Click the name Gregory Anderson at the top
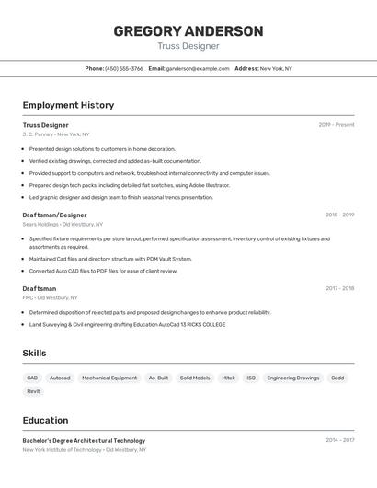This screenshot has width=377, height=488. (x=188, y=31)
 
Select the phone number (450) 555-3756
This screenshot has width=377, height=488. (x=123, y=69)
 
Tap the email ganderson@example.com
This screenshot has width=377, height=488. (x=198, y=69)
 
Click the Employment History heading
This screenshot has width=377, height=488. (x=68, y=105)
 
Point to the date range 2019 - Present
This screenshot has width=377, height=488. (x=337, y=125)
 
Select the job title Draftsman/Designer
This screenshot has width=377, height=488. (x=54, y=215)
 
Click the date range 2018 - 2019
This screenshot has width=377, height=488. (x=339, y=215)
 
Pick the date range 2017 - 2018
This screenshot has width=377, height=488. (x=339, y=288)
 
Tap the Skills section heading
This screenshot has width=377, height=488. (x=34, y=354)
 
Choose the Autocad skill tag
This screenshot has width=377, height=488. (x=60, y=378)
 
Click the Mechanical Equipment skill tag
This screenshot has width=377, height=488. (x=109, y=378)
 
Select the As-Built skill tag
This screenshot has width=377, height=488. (x=158, y=378)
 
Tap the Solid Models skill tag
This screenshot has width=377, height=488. (x=195, y=378)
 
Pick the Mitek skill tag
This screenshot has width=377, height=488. (x=228, y=378)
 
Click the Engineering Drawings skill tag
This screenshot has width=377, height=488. (x=293, y=378)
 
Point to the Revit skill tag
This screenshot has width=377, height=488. (x=33, y=391)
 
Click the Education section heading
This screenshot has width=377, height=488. (x=46, y=421)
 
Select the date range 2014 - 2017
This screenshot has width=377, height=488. (x=339, y=440)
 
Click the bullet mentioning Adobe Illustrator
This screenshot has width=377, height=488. (x=129, y=185)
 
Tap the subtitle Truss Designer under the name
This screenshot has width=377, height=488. (x=188, y=46)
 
